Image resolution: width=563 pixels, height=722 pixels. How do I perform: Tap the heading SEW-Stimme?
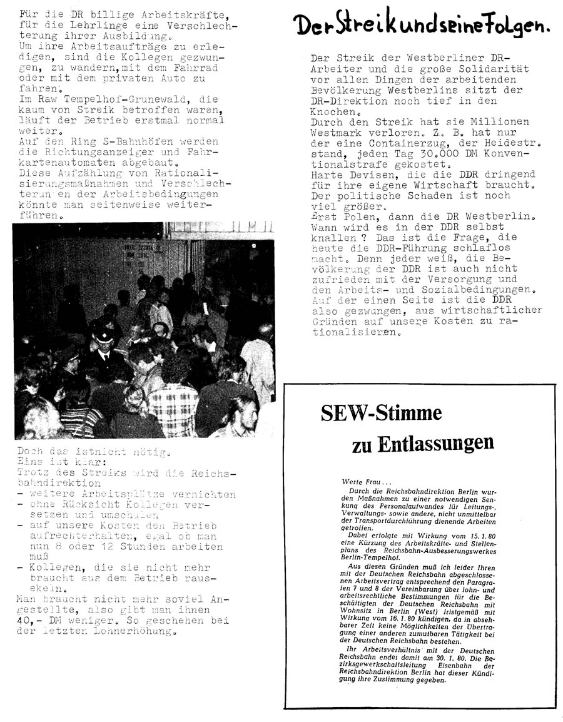[x=381, y=414]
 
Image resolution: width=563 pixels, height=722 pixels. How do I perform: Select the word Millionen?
[x=499, y=121]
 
